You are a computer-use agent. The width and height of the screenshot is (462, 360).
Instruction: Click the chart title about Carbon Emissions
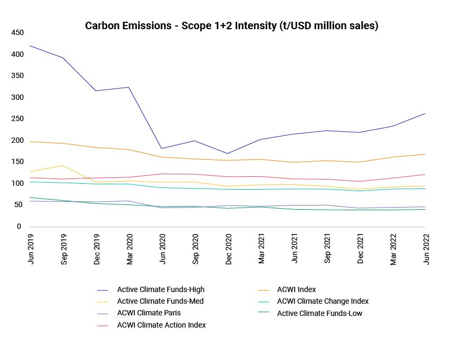point(232,26)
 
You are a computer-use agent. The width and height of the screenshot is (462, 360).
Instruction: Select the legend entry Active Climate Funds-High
point(160,290)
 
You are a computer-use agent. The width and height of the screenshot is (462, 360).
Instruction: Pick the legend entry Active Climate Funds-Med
point(160,302)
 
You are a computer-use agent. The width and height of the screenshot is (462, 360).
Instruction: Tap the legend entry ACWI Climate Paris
point(149,313)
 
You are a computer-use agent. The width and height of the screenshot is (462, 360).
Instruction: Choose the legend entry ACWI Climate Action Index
point(161,325)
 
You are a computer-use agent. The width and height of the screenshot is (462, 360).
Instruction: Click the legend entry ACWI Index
point(296,290)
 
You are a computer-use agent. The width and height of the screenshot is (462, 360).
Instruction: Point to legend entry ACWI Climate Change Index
point(322,302)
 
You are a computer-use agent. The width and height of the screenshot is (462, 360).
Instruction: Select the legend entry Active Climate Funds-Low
point(320,313)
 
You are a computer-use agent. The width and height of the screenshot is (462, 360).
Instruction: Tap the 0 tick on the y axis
point(19,227)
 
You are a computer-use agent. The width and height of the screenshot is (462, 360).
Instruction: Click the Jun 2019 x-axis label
point(31,248)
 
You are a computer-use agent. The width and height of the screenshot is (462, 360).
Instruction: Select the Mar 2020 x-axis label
point(130,248)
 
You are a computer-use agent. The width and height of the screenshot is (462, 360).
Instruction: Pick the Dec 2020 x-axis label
point(228,248)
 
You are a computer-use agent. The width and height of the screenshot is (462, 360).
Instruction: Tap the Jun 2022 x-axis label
point(425,248)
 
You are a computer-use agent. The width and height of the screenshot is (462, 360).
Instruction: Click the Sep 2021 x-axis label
point(327,248)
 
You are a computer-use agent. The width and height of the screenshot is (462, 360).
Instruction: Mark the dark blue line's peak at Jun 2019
point(31,46)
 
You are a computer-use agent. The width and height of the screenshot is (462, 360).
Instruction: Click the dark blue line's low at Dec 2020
point(228,153)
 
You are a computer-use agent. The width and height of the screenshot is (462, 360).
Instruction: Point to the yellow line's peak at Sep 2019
point(64,166)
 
